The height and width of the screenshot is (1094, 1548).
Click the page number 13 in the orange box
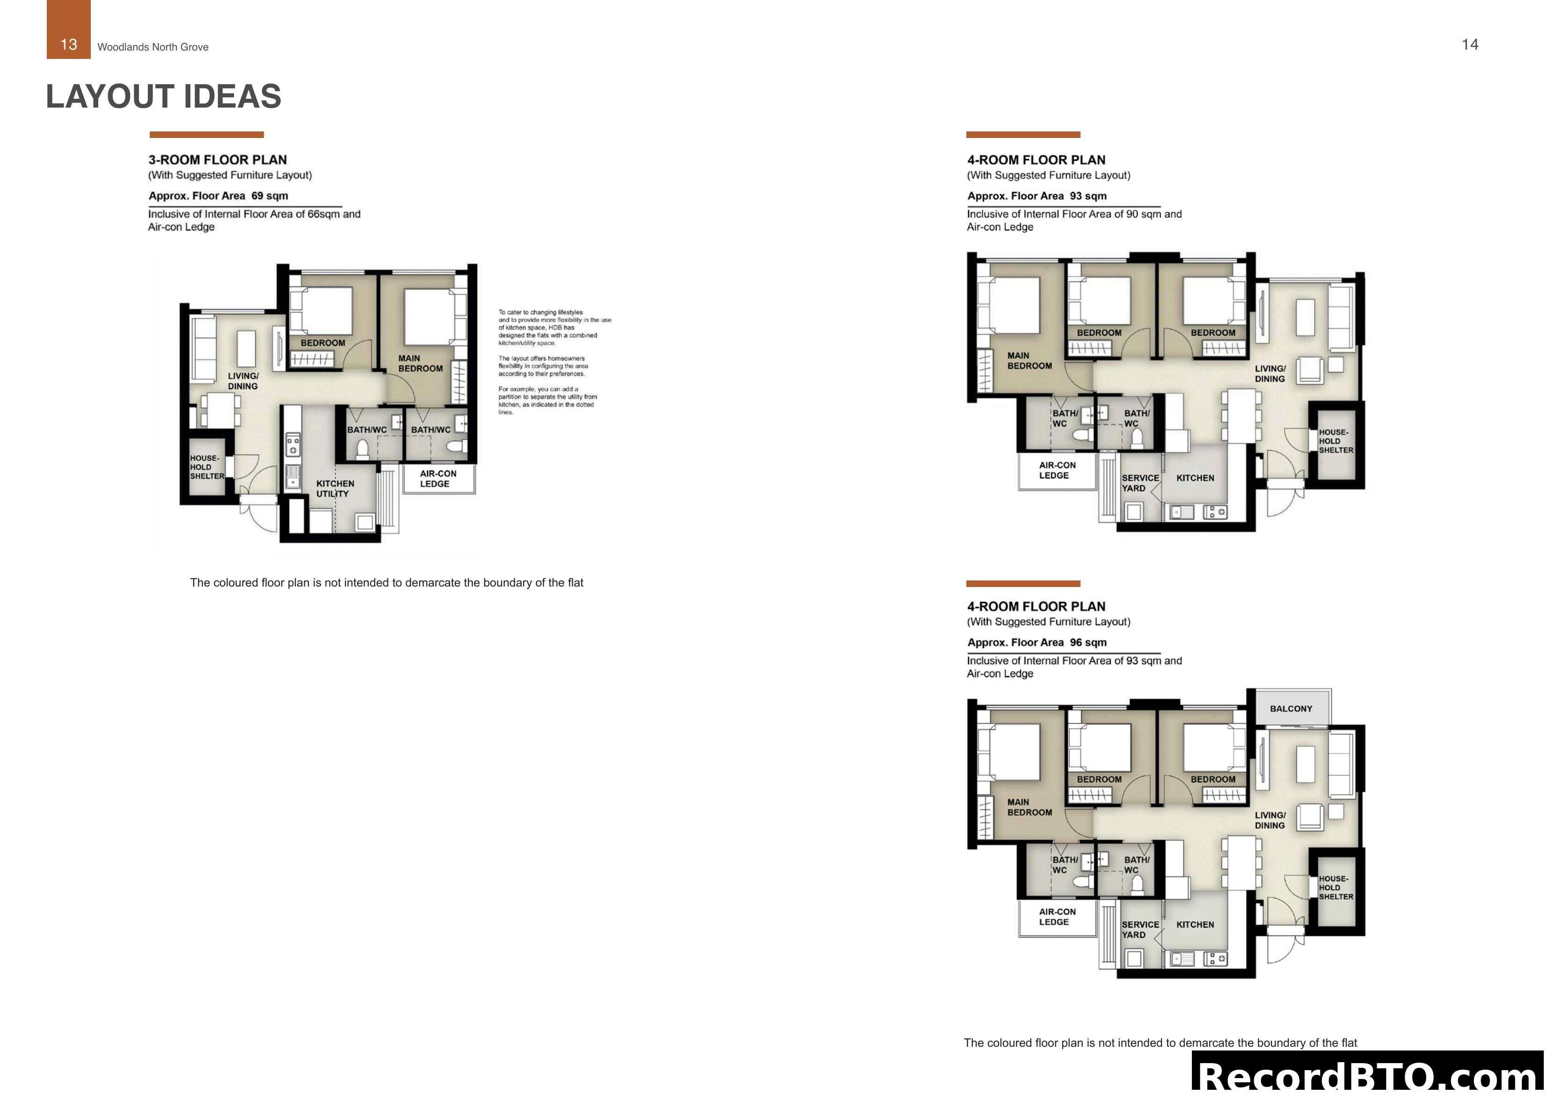(68, 44)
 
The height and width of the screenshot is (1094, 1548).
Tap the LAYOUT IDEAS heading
(163, 96)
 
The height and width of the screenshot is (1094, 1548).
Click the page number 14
(1470, 44)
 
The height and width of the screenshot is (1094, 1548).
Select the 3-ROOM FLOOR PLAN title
(218, 160)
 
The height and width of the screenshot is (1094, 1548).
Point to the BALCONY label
(1291, 709)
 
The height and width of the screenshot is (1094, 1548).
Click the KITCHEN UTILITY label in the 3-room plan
(335, 488)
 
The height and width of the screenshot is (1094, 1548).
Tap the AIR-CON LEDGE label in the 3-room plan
(438, 478)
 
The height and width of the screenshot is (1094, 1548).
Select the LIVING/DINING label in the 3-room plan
(243, 381)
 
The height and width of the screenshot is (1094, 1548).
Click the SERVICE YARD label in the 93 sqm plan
(1140, 483)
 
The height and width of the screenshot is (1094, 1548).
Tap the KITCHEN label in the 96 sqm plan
(1195, 924)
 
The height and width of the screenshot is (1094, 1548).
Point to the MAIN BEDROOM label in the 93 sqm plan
(1029, 361)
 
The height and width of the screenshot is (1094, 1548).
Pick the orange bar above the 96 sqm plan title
(1023, 584)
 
